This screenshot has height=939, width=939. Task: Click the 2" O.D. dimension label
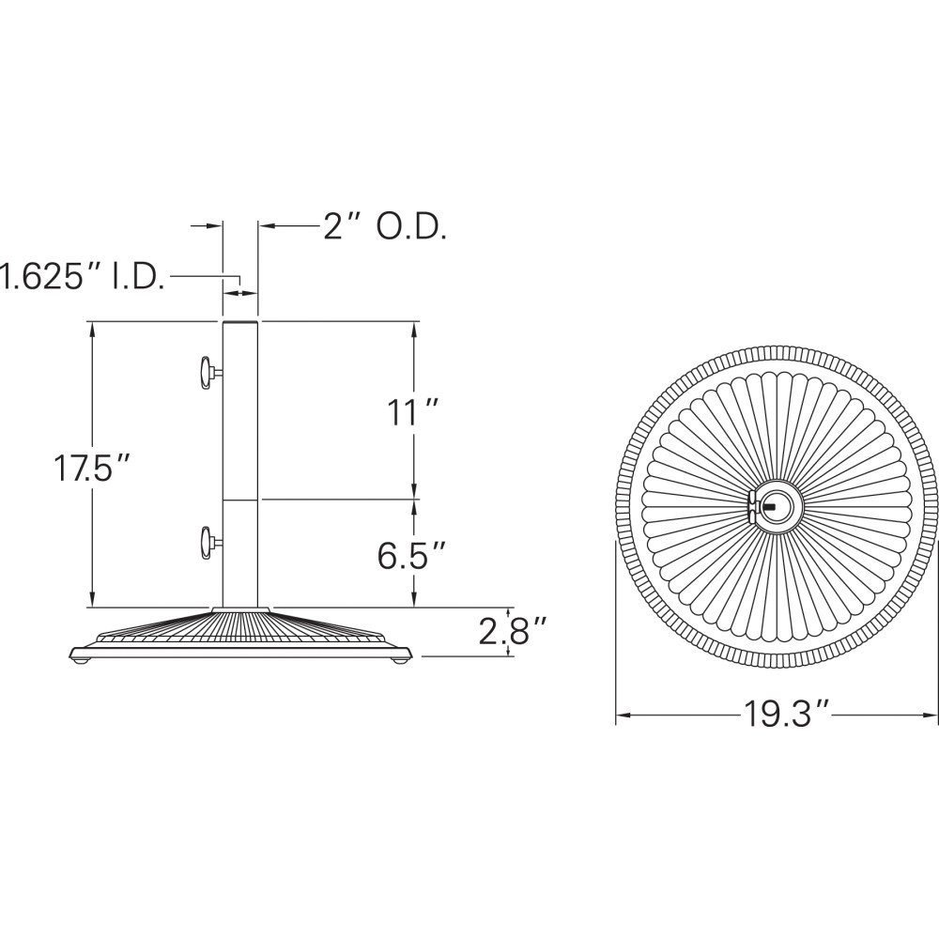385,227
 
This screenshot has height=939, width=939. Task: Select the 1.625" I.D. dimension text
82,276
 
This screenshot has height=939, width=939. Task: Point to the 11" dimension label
414,412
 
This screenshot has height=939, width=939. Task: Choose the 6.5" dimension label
412,555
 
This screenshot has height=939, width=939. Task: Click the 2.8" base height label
513,631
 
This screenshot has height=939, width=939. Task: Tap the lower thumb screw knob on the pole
207,543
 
